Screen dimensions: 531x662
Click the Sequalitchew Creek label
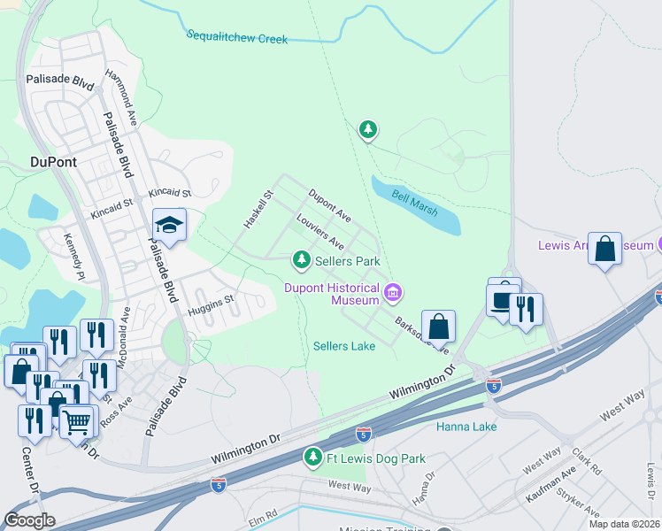(237, 36)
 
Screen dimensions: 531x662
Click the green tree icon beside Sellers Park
(302, 259)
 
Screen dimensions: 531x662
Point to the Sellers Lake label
(344, 346)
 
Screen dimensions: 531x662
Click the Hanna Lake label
(466, 427)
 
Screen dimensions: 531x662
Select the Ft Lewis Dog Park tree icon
(312, 457)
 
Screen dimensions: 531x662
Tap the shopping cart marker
(76, 421)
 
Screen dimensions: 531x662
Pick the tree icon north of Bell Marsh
(368, 130)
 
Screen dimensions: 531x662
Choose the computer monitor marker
(503, 297)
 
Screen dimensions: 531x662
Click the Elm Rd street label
(263, 512)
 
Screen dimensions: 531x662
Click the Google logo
(29, 520)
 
